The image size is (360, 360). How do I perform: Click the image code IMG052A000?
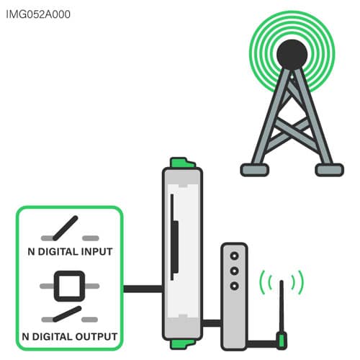coord(38,14)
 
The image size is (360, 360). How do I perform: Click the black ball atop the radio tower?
coord(292,55)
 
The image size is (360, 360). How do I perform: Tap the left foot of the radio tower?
coord(255,170)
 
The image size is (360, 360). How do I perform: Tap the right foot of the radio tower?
coord(329,170)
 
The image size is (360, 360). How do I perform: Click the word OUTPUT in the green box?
coord(96,336)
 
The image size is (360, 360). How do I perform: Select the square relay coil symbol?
coord(70,286)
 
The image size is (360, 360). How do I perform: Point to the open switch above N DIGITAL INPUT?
coord(70,228)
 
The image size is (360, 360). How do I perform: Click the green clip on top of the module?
coord(182,163)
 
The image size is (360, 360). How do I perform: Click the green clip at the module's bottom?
coord(182,344)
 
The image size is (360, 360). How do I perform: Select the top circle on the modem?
coord(234,256)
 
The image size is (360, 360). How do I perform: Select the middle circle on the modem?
coord(234,271)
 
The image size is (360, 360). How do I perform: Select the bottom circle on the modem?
coord(234,286)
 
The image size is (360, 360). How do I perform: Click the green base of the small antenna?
coord(282,341)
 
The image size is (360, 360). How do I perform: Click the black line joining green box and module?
coord(143,289)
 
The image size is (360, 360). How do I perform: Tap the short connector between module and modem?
coord(212,323)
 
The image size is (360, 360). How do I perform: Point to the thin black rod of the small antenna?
coord(282,307)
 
